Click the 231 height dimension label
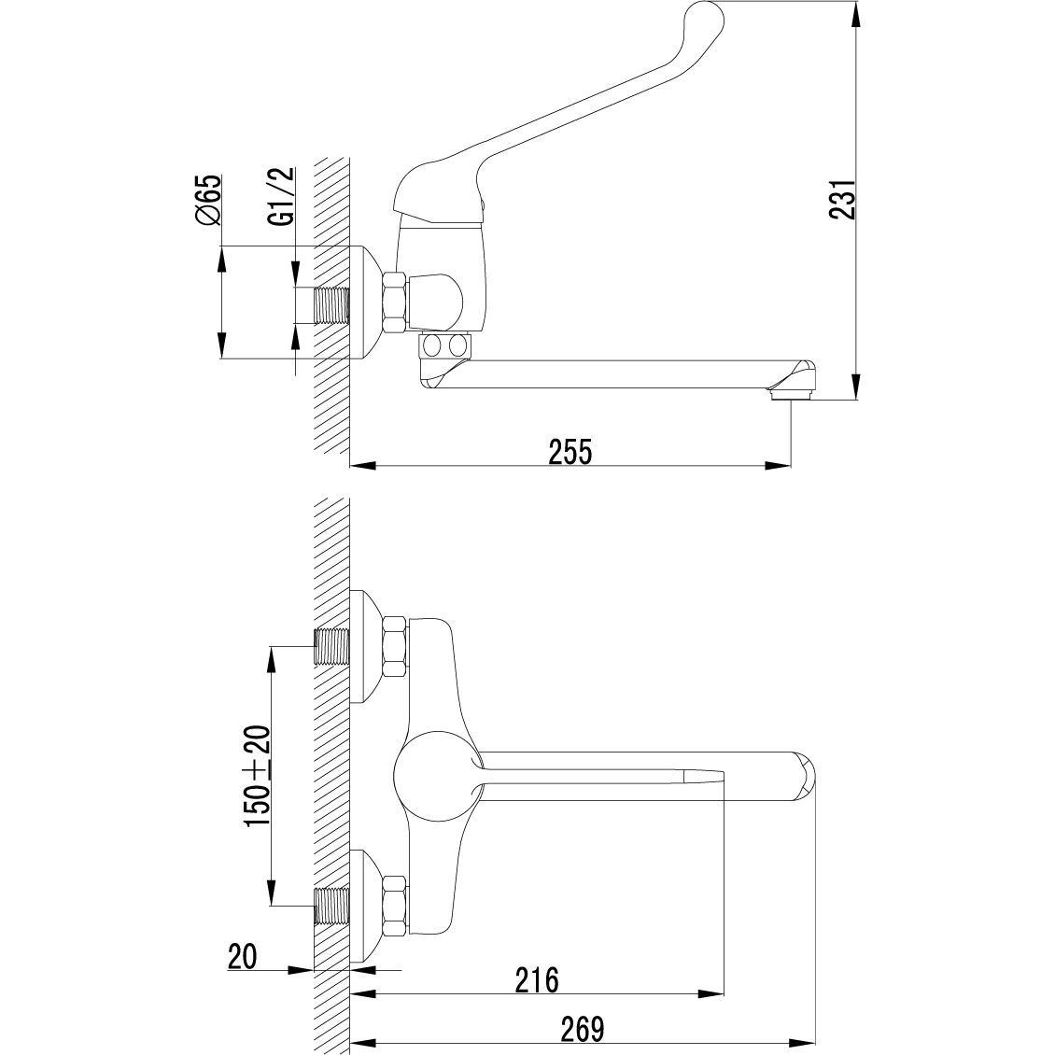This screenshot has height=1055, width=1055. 842,199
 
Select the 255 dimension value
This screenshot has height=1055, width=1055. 570,452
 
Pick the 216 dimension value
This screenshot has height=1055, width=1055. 537,980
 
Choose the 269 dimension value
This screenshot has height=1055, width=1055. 583,1029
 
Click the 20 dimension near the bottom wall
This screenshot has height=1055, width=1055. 242,957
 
